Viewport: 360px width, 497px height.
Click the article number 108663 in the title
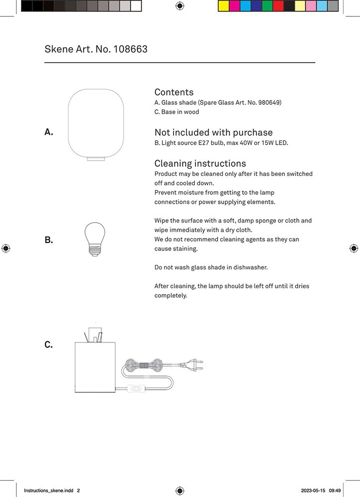130,49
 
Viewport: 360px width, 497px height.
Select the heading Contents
174,92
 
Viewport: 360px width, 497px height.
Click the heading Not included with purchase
213,132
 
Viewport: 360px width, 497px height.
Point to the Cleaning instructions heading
200,164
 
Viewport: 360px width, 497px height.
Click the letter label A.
49,132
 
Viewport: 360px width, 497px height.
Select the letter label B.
49,240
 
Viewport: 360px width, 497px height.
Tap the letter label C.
49,344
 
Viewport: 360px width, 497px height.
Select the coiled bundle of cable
144,365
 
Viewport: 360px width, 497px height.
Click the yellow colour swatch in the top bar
223,6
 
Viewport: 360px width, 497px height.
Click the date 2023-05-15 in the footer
313,491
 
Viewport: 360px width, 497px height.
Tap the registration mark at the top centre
180,6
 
